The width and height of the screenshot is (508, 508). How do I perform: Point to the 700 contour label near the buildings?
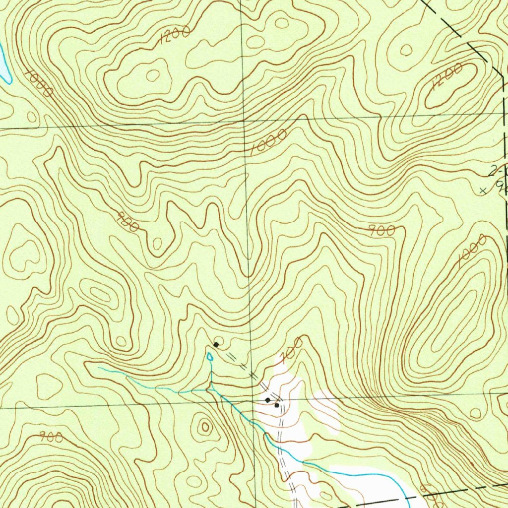291,349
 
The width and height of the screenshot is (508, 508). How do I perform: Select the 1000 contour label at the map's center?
268,143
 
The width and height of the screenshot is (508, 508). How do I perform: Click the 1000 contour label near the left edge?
38,83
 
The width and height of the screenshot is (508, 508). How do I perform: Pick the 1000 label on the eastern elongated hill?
471,251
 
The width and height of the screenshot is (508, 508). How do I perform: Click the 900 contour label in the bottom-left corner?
51,437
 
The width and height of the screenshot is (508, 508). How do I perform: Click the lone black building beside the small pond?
216,344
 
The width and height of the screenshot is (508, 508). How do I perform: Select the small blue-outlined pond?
210,356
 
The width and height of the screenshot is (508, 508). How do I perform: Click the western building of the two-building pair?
268,399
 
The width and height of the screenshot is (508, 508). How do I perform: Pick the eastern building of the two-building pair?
277,405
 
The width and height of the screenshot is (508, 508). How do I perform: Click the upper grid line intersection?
244,121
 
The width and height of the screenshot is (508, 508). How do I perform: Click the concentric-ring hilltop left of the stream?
204,426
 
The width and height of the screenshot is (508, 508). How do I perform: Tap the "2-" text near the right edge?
495,172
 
